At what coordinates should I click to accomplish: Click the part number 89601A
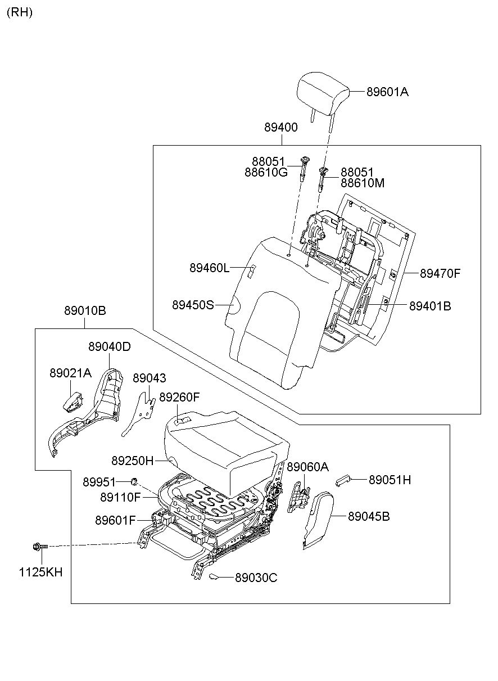click(387, 92)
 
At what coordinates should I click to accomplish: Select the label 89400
click(281, 128)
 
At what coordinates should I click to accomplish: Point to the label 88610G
click(266, 172)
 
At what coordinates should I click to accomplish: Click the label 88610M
click(363, 183)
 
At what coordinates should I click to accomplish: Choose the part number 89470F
click(440, 274)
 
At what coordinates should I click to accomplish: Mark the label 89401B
click(430, 306)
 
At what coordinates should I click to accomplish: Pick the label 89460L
click(209, 268)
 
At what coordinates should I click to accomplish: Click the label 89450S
click(193, 305)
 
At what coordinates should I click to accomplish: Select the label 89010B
click(85, 311)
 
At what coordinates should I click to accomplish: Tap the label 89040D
click(109, 347)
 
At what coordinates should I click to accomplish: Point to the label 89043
click(150, 378)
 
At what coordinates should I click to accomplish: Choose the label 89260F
click(179, 397)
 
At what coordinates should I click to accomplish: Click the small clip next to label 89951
click(135, 481)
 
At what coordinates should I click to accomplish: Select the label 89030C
click(256, 578)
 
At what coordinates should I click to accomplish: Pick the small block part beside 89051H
click(342, 480)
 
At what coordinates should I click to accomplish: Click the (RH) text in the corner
click(20, 12)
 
